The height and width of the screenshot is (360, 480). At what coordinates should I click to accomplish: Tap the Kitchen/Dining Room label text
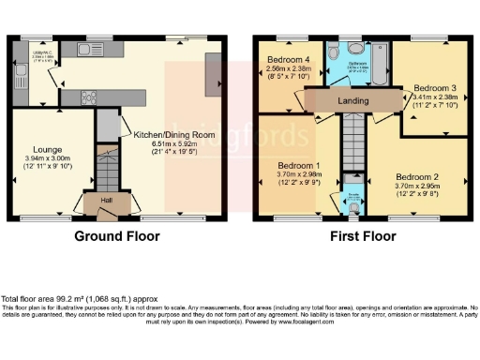pyautogui.click(x=174, y=135)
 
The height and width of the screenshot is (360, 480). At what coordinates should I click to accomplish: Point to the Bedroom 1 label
pyautogui.click(x=300, y=167)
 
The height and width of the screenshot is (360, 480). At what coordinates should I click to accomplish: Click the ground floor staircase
pyautogui.click(x=110, y=168)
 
